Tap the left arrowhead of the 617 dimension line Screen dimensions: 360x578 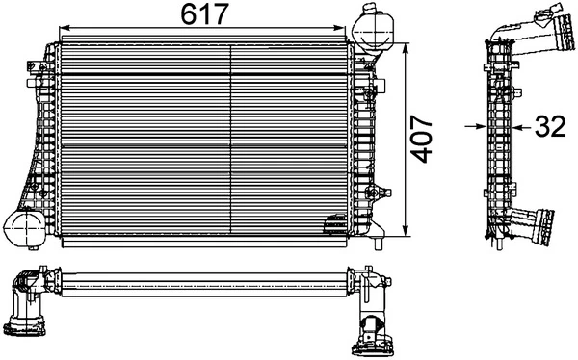(x=64, y=28)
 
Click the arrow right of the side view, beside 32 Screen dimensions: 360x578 (x=514, y=125)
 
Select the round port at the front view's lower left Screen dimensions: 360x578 (x=22, y=227)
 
